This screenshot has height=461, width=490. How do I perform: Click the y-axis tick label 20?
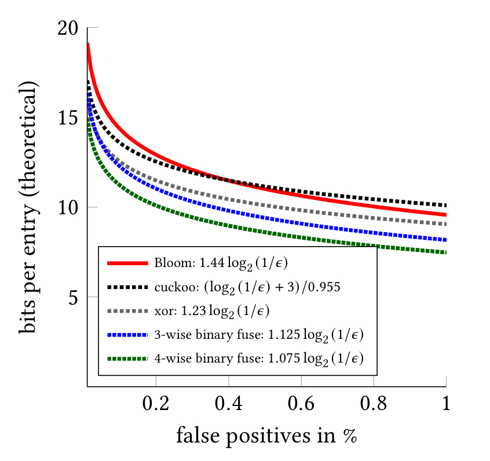pos(71,28)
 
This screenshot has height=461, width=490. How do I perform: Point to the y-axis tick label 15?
pos(71,118)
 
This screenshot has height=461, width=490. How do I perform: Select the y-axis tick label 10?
pos(71,207)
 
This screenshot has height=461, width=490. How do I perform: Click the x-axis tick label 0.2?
pos(156,404)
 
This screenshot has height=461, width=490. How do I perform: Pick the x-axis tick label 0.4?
pos(229,404)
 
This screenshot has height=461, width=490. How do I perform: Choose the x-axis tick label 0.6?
pos(301,404)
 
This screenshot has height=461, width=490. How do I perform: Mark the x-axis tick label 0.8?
pos(374,404)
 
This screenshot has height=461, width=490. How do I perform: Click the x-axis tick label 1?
pos(447,404)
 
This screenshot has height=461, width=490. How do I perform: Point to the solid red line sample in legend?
pos(128,263)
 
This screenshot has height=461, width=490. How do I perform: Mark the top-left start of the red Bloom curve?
pos(88,44)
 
